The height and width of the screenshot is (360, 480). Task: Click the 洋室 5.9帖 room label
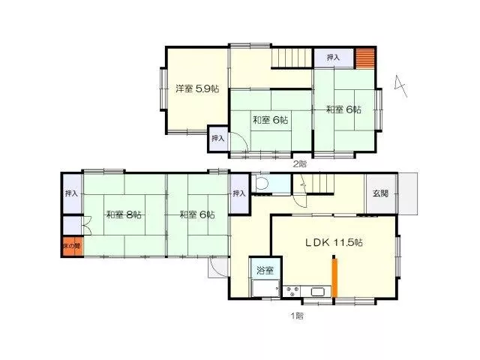tap(197, 88)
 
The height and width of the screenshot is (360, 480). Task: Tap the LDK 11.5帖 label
tap(334, 242)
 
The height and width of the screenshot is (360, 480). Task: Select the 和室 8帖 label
tap(124, 214)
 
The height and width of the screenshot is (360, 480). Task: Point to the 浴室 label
tap(265, 270)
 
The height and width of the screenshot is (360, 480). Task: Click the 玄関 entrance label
tap(380, 193)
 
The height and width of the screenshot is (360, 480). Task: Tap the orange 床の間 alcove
tap(73, 246)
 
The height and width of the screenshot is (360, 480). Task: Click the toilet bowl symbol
tap(262, 184)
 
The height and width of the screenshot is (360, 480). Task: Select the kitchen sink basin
tap(318, 292)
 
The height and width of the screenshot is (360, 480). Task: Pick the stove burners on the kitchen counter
tap(292, 291)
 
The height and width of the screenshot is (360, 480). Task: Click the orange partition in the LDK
tap(334, 277)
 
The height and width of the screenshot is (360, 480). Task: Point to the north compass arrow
tap(400, 85)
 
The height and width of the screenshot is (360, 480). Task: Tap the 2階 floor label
tap(300, 163)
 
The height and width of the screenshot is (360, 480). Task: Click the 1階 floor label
tap(297, 316)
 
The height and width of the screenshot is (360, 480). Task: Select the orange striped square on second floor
tap(365, 58)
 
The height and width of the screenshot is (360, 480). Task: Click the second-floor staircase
tap(292, 58)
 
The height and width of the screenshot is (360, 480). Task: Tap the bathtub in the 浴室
tap(265, 288)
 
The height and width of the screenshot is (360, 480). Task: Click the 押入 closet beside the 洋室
tap(218, 138)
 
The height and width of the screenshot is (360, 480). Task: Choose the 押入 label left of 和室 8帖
tap(71, 193)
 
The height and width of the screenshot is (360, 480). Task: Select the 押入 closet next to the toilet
tap(239, 193)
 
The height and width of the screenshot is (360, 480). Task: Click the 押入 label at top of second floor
tap(333, 57)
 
